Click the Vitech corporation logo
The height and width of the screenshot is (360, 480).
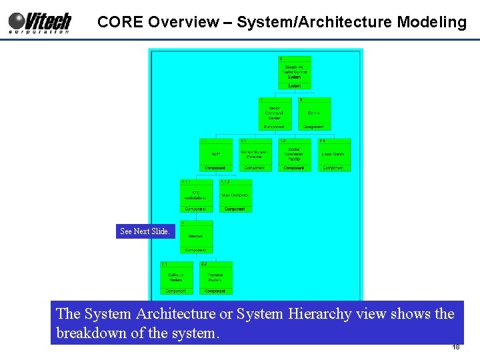pos(39,22)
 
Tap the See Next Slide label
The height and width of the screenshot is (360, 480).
pos(145,231)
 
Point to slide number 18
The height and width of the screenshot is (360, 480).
pos(456,347)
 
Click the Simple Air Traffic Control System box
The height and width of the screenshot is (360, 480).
pos(294,72)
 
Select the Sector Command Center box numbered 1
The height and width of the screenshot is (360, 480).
pos(274,113)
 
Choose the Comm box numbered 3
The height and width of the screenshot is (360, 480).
pos(313,113)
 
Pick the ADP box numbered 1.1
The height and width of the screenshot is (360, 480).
pos(215,155)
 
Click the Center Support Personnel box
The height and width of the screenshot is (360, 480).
pos(255,155)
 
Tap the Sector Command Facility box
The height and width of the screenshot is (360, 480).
pos(294,155)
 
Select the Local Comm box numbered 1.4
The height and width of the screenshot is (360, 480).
pos(333,155)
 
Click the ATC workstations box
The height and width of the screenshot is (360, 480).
pos(195,196)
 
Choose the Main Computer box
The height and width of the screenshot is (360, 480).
pos(235,196)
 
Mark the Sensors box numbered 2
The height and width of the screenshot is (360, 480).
pos(195,237)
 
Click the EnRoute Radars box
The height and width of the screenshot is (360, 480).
pos(176,277)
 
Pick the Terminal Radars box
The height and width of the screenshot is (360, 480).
pos(215,277)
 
